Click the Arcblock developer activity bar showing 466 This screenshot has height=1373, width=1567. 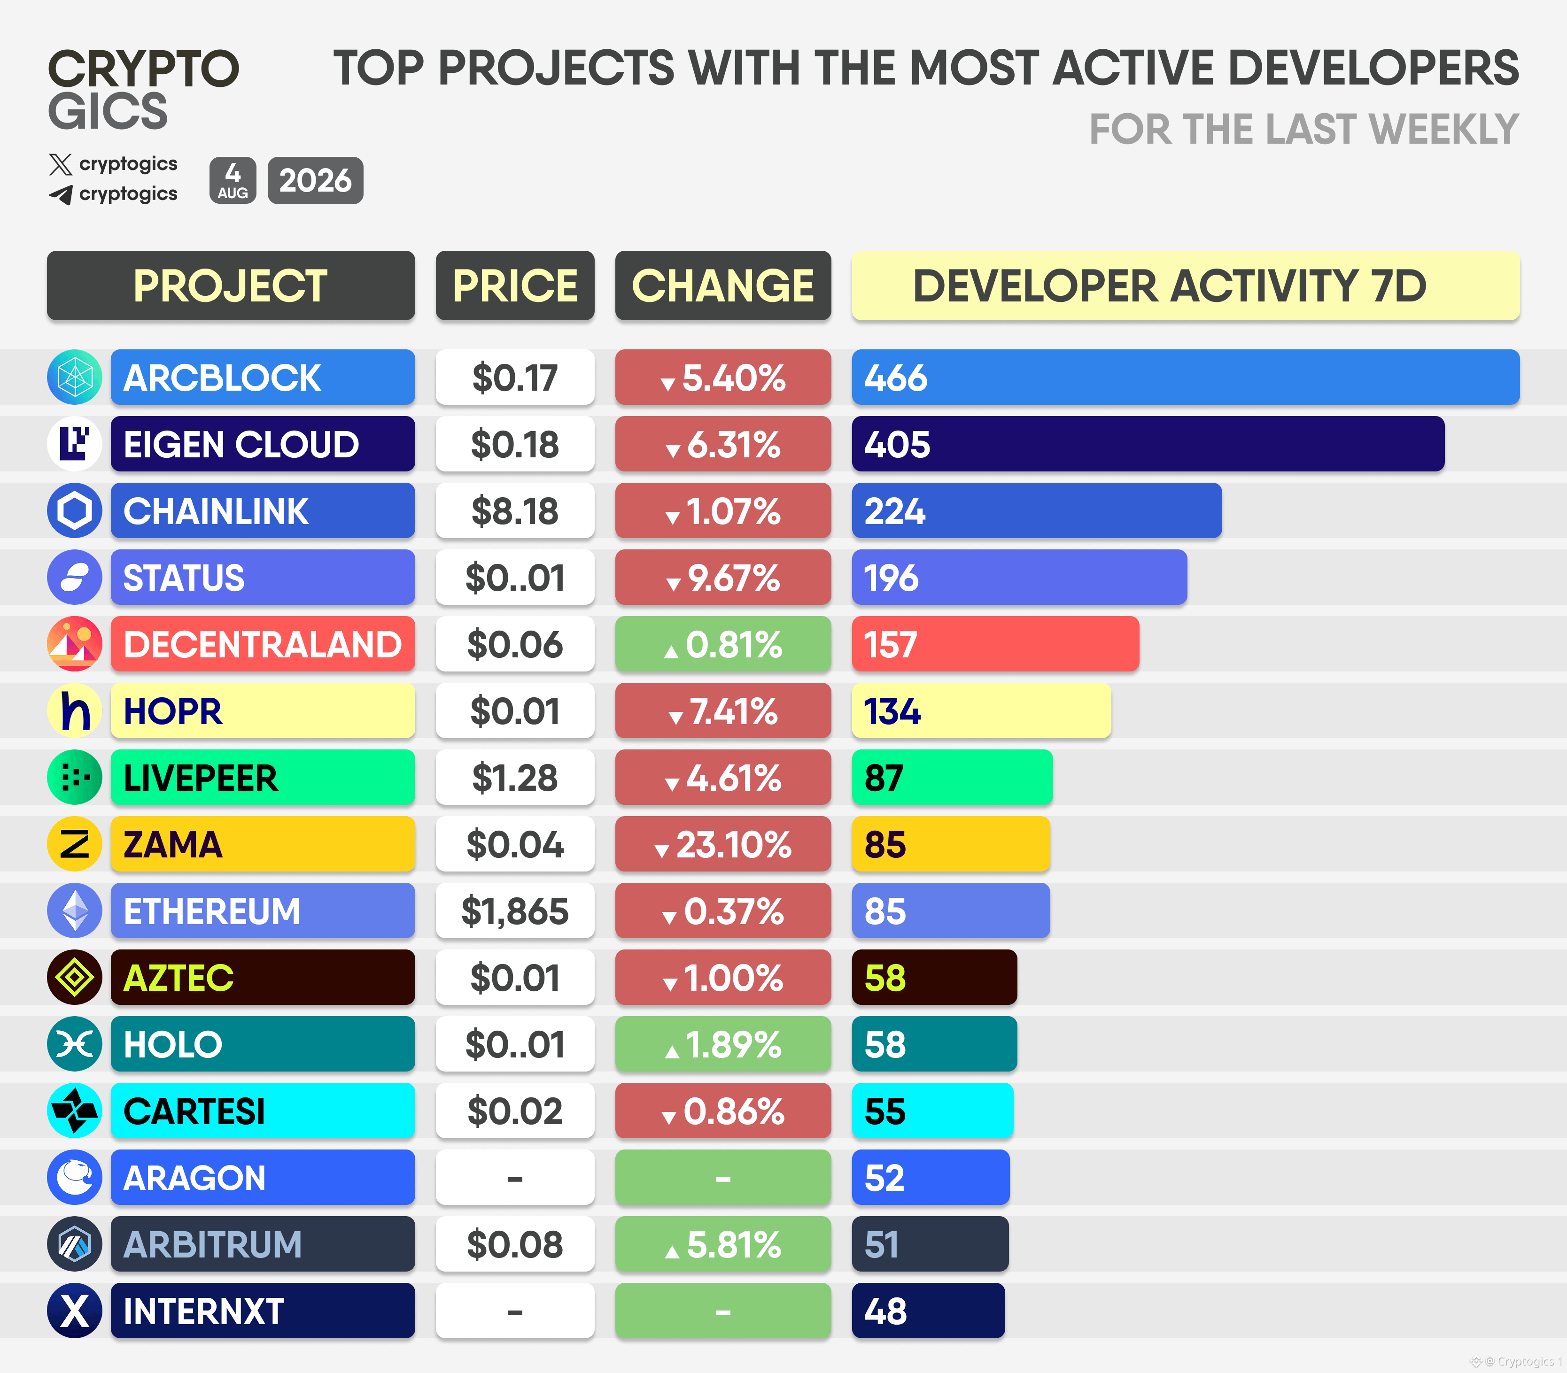(x=1186, y=377)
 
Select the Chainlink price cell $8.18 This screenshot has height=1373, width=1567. (x=515, y=510)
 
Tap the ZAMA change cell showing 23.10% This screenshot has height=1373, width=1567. (x=722, y=843)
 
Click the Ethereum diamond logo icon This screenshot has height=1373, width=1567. (x=74, y=910)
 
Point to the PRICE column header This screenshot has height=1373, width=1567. (x=515, y=285)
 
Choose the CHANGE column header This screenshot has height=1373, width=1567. (x=722, y=285)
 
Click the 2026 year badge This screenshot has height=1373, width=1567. (x=315, y=181)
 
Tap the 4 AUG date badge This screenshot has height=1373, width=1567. (x=233, y=181)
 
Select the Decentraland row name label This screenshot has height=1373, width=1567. (x=263, y=644)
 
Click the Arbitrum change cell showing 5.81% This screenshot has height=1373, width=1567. (x=722, y=1243)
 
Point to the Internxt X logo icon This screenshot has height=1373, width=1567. (x=74, y=1310)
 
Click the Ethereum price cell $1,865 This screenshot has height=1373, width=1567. (x=515, y=910)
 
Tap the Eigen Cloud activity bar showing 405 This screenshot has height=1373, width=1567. (x=1148, y=444)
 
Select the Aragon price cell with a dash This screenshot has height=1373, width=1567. (x=515, y=1177)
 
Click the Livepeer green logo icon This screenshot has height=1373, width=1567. (x=74, y=777)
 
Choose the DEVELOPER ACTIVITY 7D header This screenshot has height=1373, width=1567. (x=1186, y=285)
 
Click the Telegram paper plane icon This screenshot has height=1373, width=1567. (x=61, y=194)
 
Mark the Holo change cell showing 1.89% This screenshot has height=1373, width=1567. (x=722, y=1043)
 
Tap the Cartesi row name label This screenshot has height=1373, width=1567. (x=263, y=1110)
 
